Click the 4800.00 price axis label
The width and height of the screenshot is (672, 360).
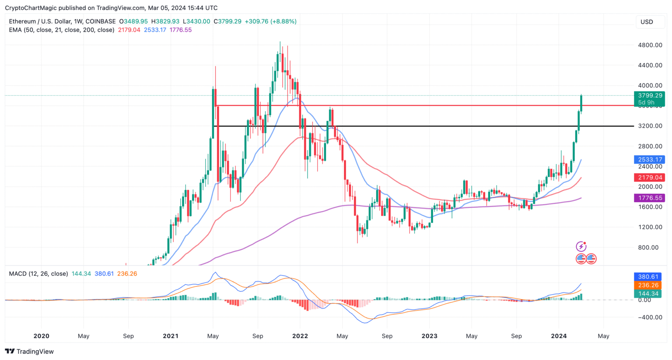click(x=650, y=45)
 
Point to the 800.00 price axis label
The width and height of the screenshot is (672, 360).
click(x=648, y=248)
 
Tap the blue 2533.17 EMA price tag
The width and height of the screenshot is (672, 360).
click(x=650, y=160)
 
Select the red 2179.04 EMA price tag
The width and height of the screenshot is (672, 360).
click(x=650, y=178)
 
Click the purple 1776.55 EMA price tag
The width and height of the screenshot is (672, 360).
click(x=650, y=198)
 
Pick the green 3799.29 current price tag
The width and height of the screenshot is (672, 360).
click(x=650, y=95)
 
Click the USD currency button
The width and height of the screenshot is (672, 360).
click(x=647, y=22)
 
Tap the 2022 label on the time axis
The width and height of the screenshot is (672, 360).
click(x=300, y=336)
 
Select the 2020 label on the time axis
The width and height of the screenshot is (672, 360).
click(x=41, y=336)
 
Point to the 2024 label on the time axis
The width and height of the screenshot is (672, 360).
click(x=559, y=336)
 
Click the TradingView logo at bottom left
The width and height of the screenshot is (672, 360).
click(x=29, y=351)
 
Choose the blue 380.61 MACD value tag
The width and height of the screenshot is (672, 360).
click(x=648, y=277)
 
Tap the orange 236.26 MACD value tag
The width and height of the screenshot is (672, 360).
click(x=648, y=285)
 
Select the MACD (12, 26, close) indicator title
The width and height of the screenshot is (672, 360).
click(x=38, y=274)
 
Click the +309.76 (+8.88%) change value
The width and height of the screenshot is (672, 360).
click(x=270, y=21)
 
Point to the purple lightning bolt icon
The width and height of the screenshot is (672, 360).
click(x=581, y=247)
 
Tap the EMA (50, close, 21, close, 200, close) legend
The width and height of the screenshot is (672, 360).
click(x=62, y=30)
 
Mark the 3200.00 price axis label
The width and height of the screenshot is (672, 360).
click(x=650, y=126)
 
